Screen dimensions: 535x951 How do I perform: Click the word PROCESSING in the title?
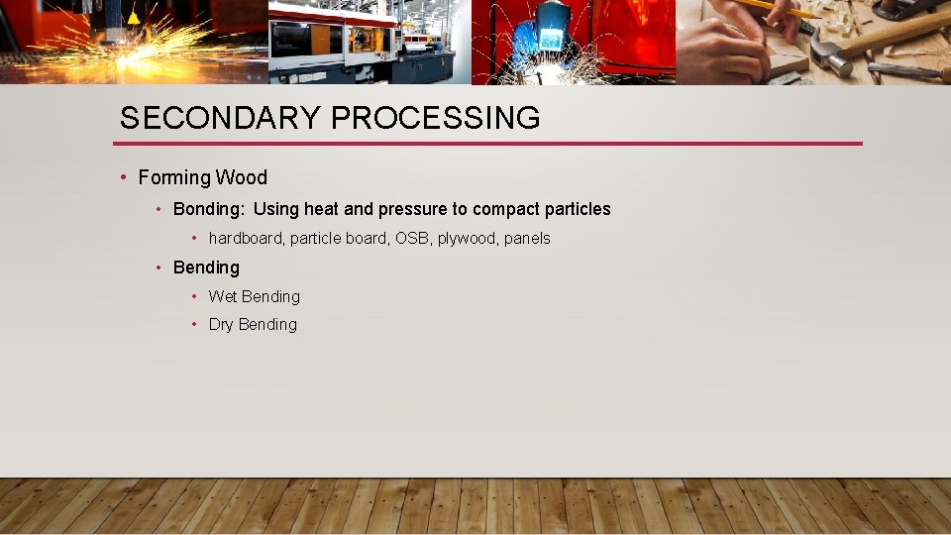click(436, 119)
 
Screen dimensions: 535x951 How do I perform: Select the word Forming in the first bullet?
click(174, 178)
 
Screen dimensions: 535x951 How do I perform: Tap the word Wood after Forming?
click(242, 178)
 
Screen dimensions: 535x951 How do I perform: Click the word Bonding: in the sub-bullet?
click(209, 210)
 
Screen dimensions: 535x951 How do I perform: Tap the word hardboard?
click(245, 239)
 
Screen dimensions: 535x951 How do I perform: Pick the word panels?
click(527, 239)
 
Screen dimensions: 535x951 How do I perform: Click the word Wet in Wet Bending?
click(223, 297)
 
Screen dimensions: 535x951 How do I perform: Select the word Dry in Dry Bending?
click(222, 325)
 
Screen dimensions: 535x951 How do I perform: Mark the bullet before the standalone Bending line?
click(158, 267)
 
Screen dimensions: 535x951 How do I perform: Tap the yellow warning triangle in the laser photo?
click(133, 18)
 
